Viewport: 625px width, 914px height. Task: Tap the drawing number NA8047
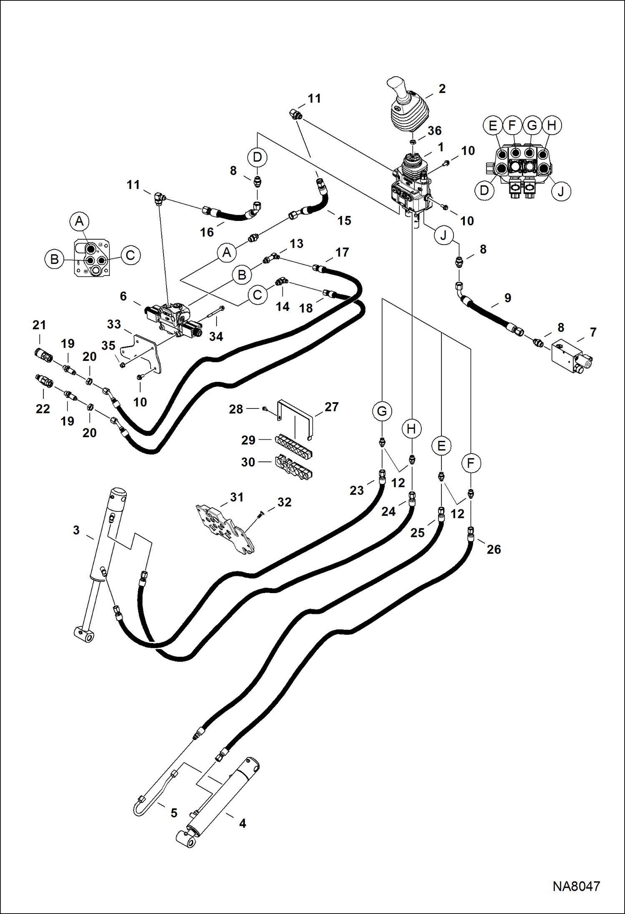pos(576,886)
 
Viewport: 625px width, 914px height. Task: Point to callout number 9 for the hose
pos(507,298)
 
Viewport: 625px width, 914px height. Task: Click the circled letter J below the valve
pos(443,235)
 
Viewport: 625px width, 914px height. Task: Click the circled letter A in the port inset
pos(79,221)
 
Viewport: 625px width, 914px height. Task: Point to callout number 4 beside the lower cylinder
pos(242,824)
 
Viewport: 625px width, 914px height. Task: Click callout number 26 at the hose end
pos(494,549)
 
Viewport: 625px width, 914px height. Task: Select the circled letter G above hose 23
pos(382,411)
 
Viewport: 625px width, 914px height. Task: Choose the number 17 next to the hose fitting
pos(342,253)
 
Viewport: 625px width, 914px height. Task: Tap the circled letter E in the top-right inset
pos(493,125)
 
